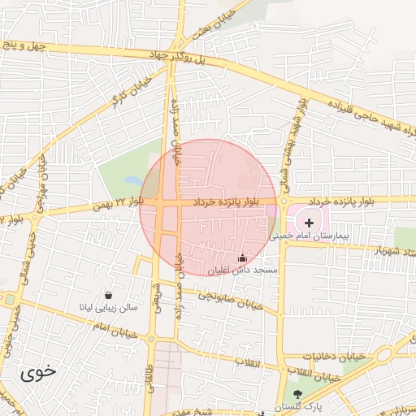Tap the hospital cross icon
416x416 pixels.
coord(309,222)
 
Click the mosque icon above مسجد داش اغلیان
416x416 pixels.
coord(241,258)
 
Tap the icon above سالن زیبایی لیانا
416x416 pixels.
coord(109,296)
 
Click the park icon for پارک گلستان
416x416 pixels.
coord(296,393)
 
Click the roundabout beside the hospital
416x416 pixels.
coord(284,201)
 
